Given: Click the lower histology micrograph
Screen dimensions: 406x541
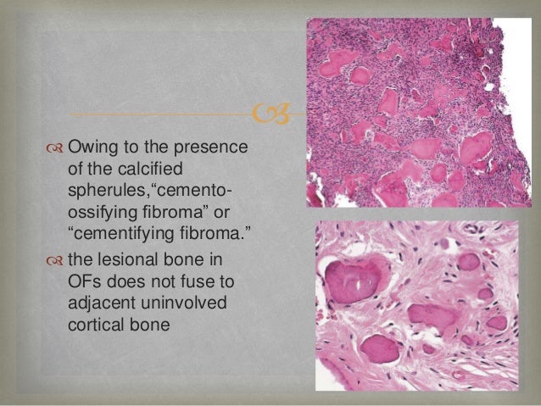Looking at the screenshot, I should click(416, 306).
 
